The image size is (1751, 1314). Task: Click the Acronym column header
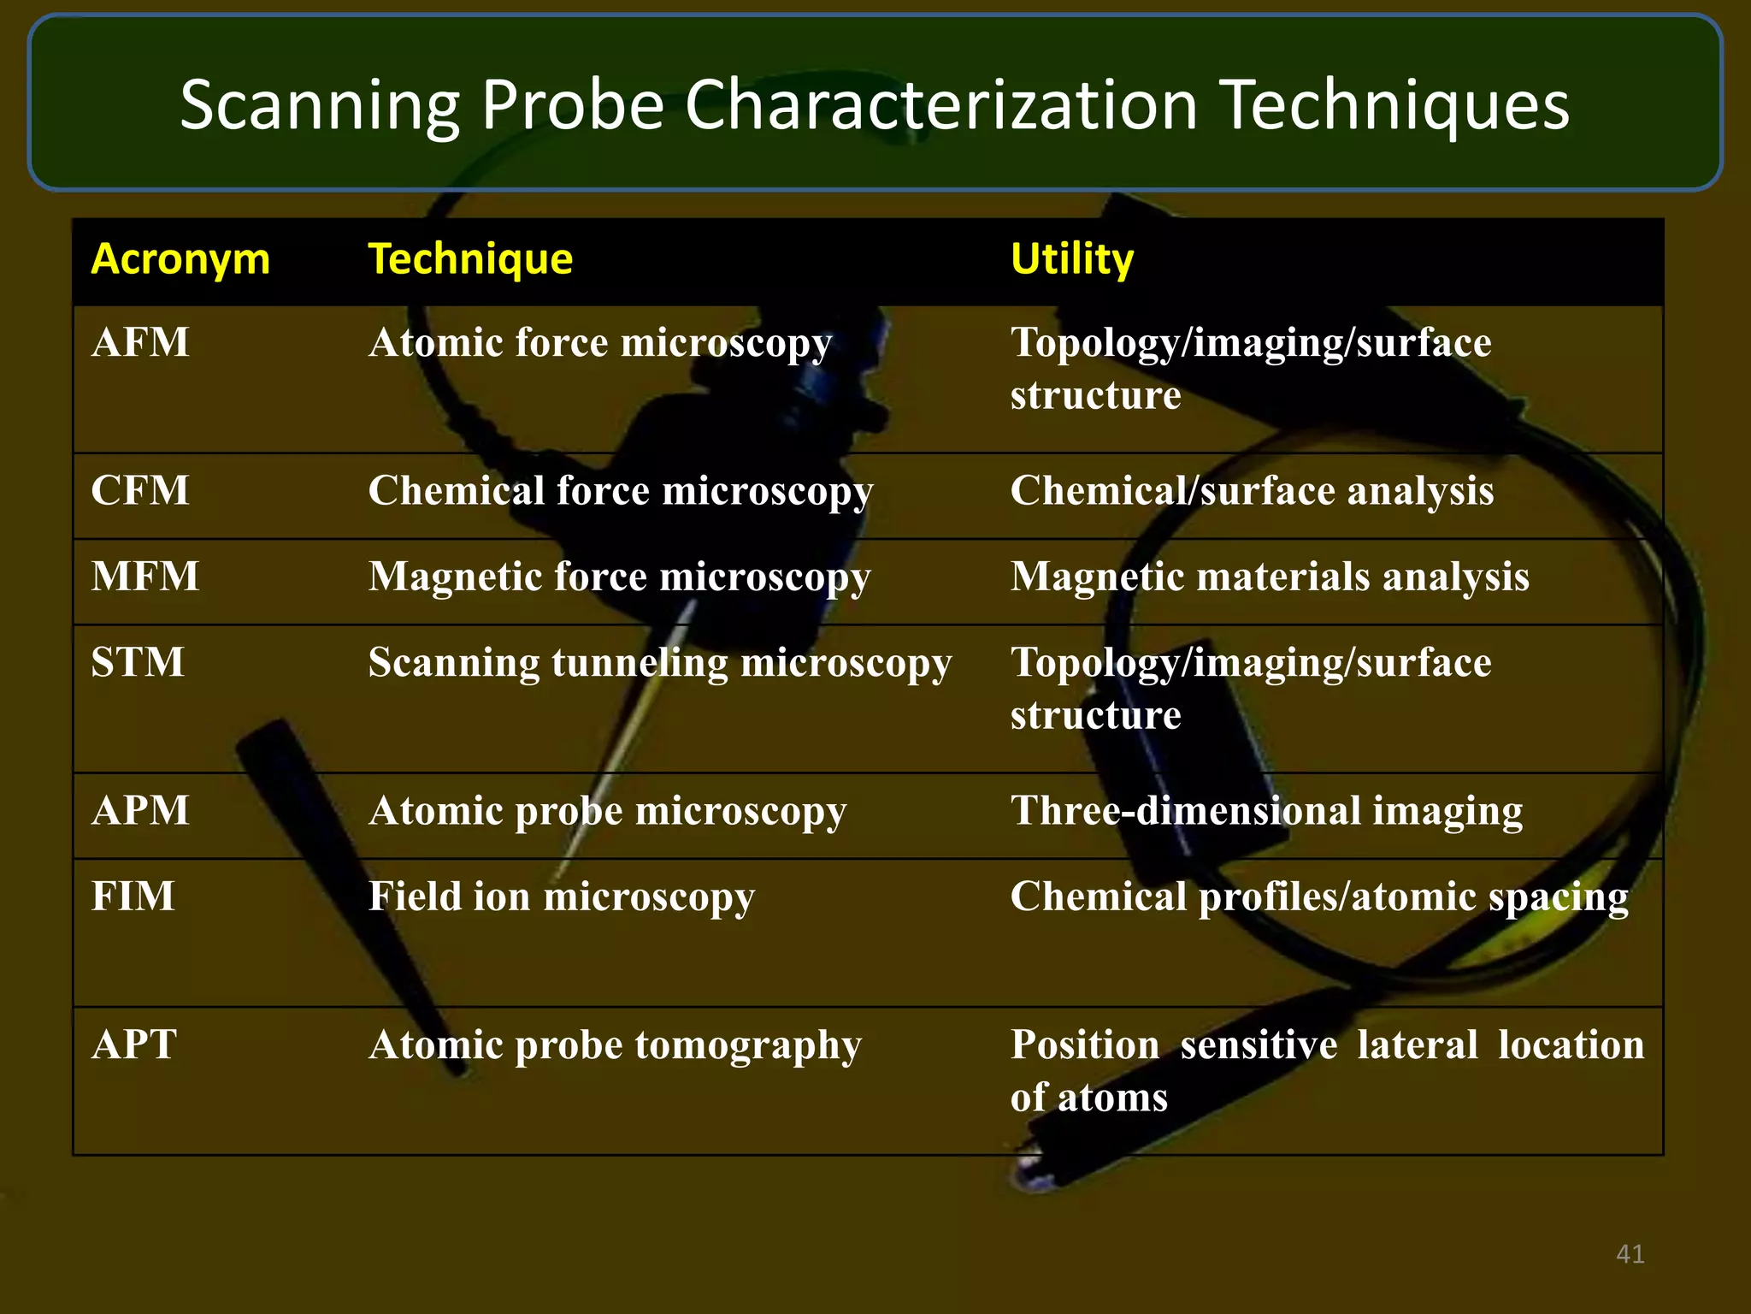pos(180,259)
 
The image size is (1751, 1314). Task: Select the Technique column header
pos(470,259)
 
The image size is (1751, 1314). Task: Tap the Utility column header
pos(1072,259)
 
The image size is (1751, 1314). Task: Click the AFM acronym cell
pos(140,343)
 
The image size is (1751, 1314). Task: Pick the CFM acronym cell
pos(140,491)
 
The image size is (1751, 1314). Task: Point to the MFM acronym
pos(145,577)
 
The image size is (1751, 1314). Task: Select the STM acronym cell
pos(138,662)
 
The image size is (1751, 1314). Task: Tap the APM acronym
pos(140,810)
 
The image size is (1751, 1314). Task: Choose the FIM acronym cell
pos(133,897)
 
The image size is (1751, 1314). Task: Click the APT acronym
pos(134,1045)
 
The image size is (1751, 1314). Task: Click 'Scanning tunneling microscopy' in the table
pos(660,664)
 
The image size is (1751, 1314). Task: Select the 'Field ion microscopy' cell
pos(562,897)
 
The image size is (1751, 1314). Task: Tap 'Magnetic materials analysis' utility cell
pos(1270,577)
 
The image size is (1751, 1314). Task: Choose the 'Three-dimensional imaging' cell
pos(1266,811)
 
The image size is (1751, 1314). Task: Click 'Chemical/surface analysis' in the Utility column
pos(1252,492)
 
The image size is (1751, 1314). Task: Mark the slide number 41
pos(1630,1254)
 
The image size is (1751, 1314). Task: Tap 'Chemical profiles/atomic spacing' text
pos(1319,897)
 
